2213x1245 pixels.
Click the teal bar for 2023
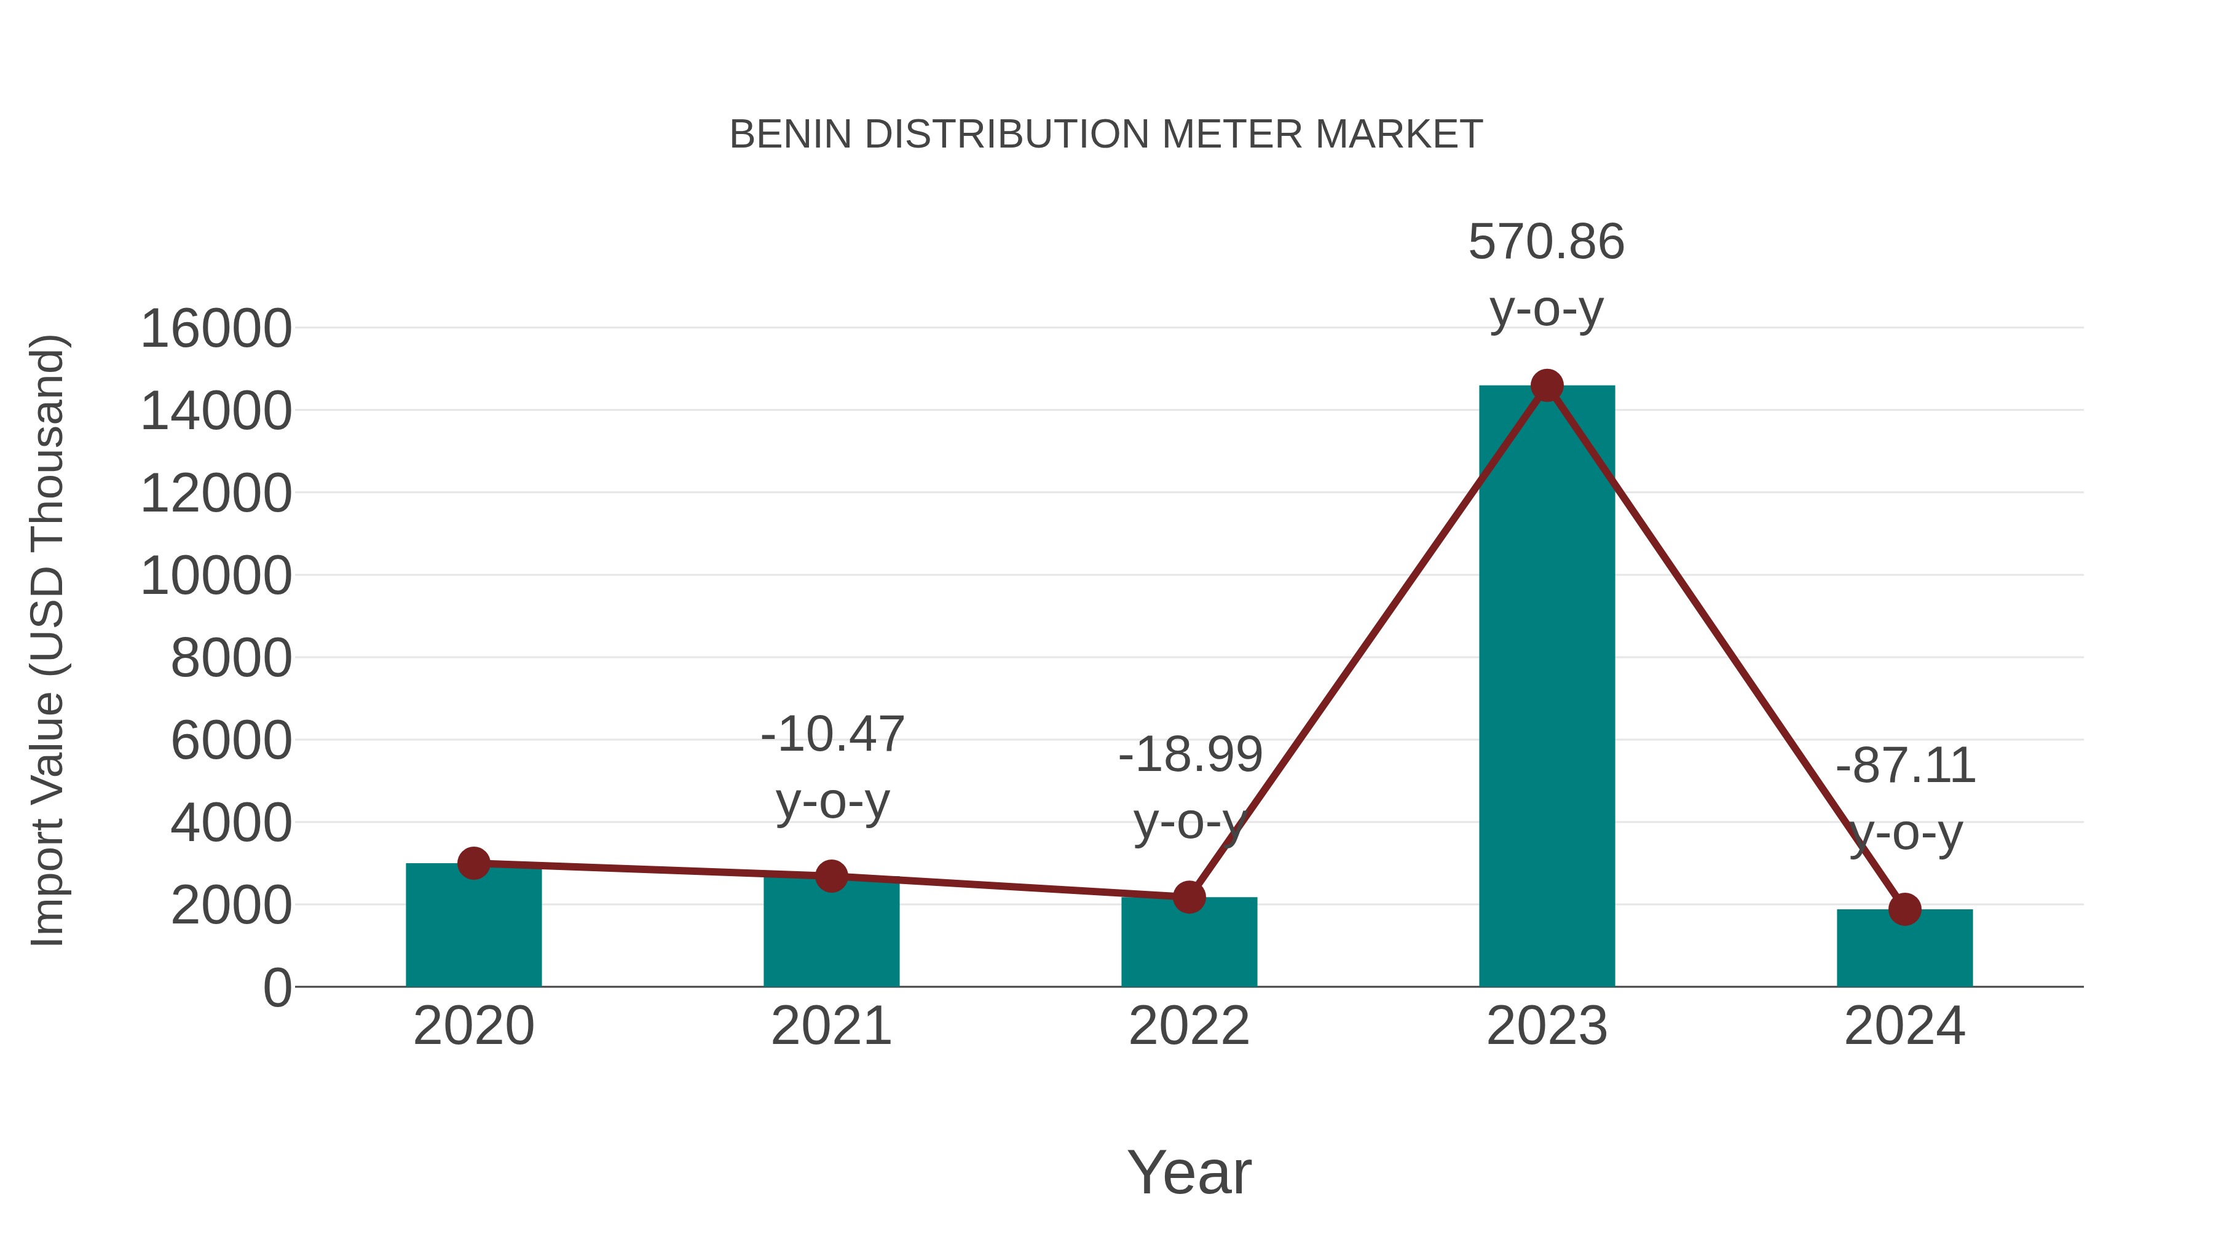(1547, 687)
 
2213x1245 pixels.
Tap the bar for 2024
(1904, 949)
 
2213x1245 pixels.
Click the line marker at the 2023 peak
(1547, 385)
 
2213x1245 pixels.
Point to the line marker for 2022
(1189, 897)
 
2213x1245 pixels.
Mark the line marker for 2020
(473, 863)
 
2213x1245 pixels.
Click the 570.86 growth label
(1547, 242)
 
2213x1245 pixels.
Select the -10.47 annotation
(832, 735)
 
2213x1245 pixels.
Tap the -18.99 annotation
(1190, 755)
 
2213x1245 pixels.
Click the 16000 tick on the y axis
(216, 329)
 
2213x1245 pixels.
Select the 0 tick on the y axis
(277, 988)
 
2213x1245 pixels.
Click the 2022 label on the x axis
(1189, 1027)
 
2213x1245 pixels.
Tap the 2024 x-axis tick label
(1904, 1027)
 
